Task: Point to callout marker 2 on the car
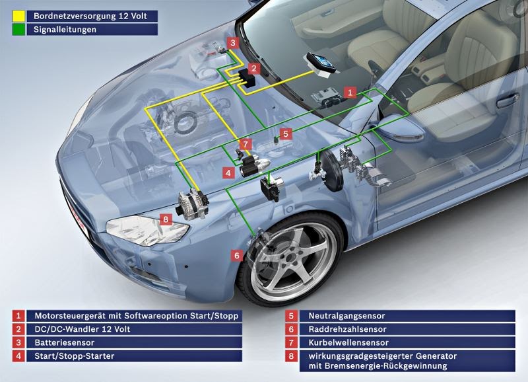point(253,67)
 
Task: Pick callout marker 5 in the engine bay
point(285,134)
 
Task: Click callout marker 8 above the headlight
point(166,219)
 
